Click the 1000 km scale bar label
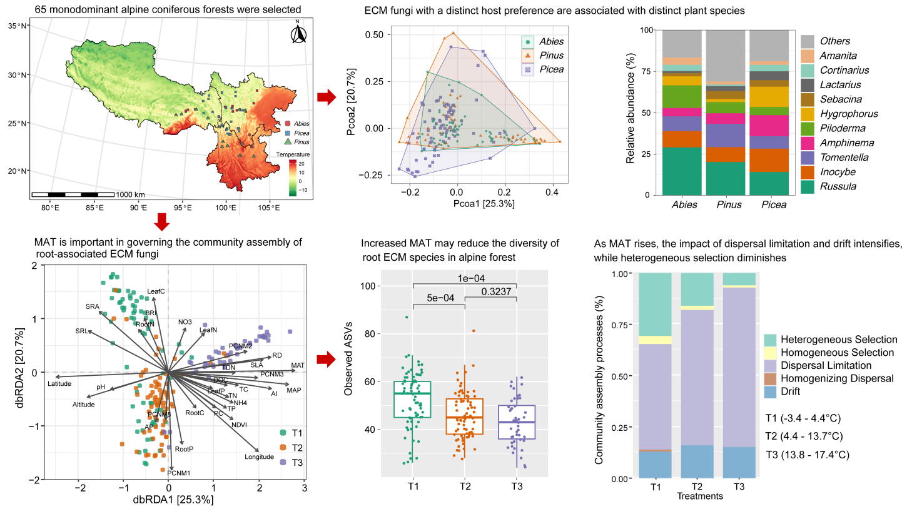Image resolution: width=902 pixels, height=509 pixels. (131, 194)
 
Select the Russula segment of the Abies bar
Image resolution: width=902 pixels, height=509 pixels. (682, 171)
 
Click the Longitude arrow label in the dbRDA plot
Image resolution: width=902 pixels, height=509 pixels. (259, 456)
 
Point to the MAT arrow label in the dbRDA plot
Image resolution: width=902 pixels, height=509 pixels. (297, 365)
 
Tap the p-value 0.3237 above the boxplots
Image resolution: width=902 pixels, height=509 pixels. (499, 291)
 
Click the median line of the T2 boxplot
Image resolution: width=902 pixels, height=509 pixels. (464, 417)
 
